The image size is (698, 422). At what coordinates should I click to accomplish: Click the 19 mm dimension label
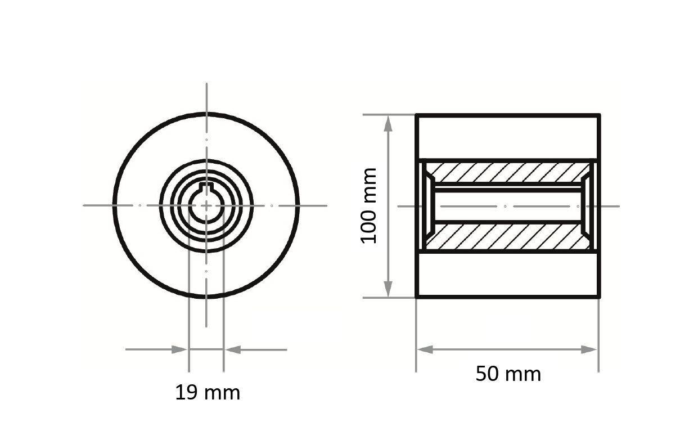coord(208,393)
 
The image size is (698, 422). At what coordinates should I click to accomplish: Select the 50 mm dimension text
coord(508,374)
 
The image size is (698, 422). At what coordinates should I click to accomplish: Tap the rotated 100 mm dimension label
coord(369,205)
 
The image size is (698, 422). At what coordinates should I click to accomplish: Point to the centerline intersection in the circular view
coord(206,205)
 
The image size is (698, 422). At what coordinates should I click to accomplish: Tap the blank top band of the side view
coord(508,137)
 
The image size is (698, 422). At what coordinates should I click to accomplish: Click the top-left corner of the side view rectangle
coord(417,115)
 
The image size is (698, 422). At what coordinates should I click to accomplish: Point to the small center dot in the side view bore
coord(505,206)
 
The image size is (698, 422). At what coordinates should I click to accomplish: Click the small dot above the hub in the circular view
coord(206,140)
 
